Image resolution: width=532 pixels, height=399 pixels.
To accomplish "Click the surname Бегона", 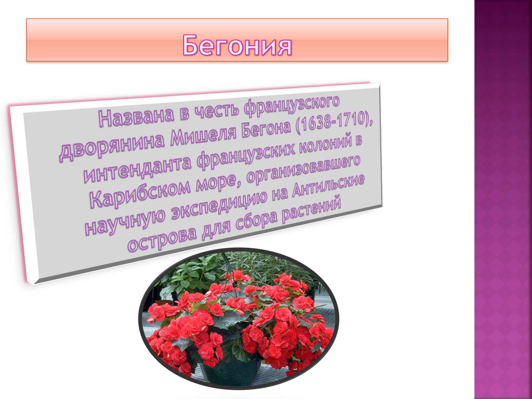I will tap(266, 129).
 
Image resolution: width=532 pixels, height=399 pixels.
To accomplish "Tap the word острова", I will tap(162, 239).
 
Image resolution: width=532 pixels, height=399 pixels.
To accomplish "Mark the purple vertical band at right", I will tap(503, 199).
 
